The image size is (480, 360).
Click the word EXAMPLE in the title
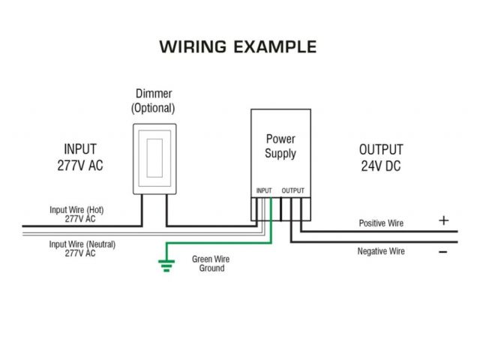pos(275,46)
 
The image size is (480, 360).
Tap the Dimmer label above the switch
pos(154,94)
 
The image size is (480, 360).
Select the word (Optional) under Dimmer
pos(154,108)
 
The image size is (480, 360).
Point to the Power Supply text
pos(280,146)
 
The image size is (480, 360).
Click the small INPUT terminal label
pos(264,190)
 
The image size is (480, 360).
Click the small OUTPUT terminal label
pos(293,190)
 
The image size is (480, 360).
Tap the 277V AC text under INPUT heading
pos(79,166)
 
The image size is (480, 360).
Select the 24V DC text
pos(380,166)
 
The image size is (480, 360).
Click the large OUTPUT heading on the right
pos(380,149)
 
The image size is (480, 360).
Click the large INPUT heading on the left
pos(79,149)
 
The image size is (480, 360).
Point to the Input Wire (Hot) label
pos(77,210)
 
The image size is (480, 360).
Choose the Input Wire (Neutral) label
pos(82,244)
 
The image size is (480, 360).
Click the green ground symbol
pos(166,263)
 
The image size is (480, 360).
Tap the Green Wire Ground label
pos(211,263)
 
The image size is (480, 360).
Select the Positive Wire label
pos(381,223)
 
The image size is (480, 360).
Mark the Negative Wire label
pos(381,251)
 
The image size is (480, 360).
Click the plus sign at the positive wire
pos(443,221)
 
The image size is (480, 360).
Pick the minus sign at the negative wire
pos(443,252)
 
